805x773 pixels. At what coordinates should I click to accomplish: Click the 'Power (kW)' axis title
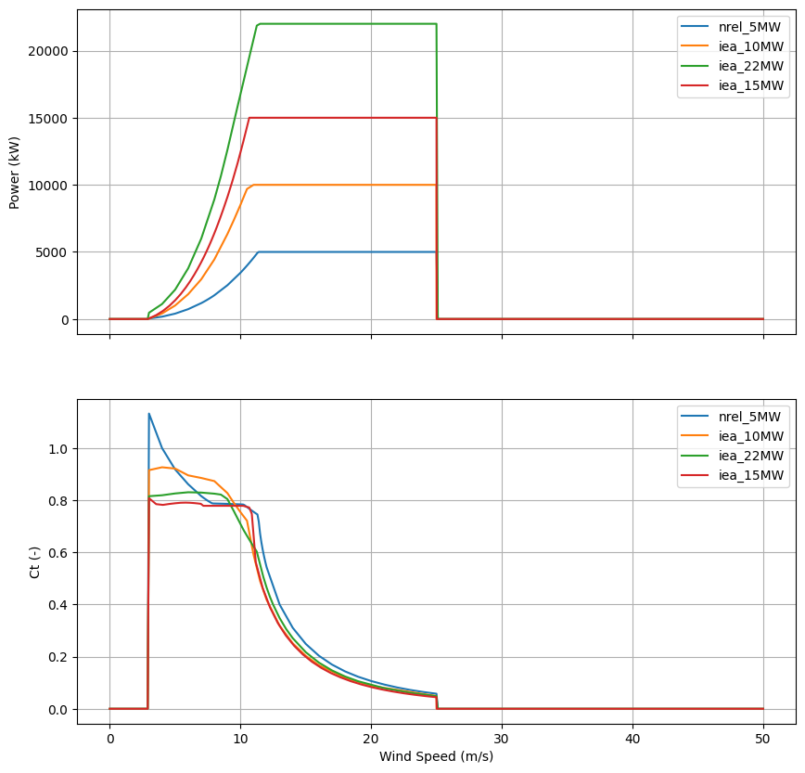15,172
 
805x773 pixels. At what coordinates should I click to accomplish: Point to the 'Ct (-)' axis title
35,561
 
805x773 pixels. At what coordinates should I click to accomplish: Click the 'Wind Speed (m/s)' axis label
436,756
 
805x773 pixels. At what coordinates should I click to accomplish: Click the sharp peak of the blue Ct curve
148,414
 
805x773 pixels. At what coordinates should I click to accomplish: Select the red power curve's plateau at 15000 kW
343,118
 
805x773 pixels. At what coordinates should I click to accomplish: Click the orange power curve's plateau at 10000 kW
343,185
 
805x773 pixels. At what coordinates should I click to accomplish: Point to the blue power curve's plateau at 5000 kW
343,251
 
